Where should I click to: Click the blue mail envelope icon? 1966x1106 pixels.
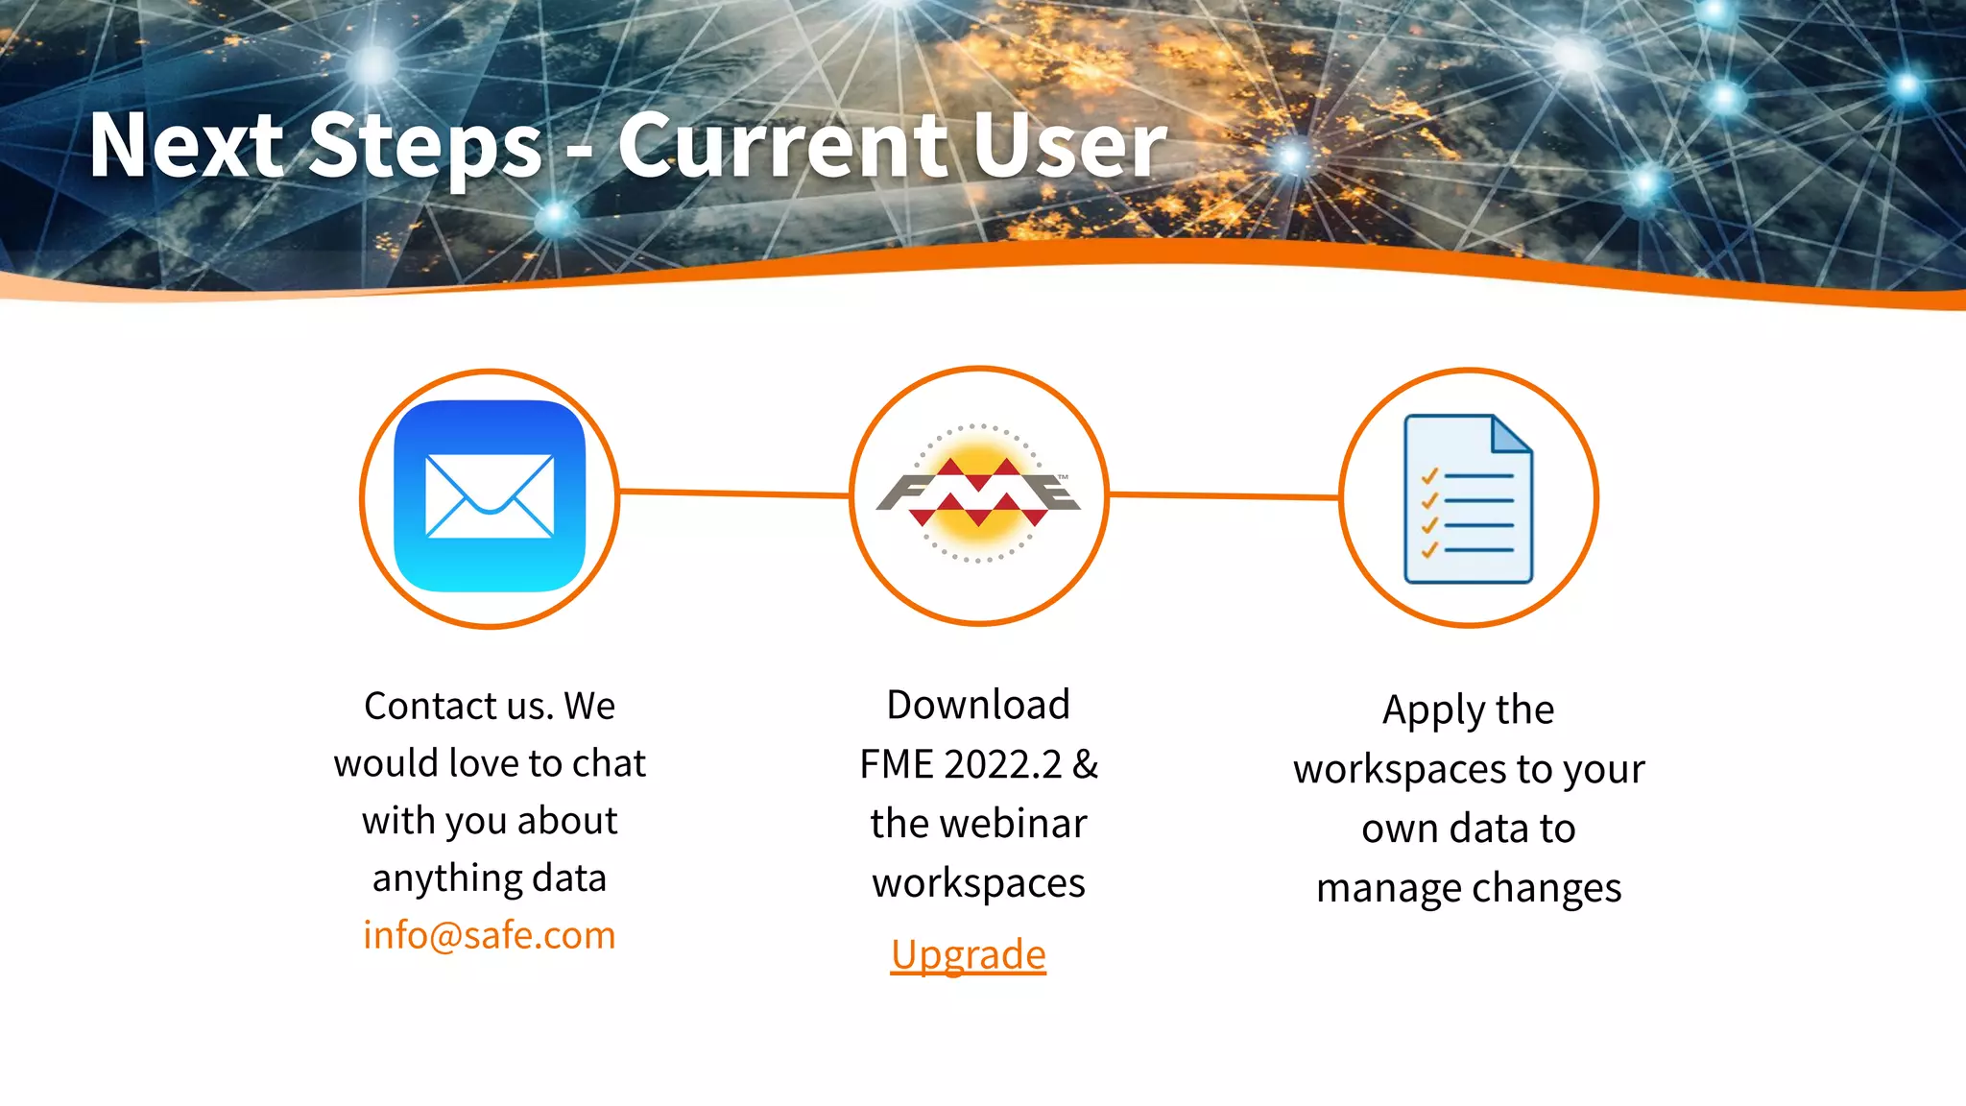click(x=490, y=495)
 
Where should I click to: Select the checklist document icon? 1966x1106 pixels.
click(x=1468, y=498)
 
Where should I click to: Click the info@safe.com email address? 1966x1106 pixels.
click(x=489, y=935)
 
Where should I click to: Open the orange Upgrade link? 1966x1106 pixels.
click(x=968, y=954)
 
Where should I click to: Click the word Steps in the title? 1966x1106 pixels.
click(x=426, y=146)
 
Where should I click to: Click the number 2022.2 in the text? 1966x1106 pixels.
click(x=1003, y=765)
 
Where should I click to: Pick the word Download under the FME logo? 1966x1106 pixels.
click(x=977, y=705)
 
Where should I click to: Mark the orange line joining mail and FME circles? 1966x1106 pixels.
click(x=734, y=493)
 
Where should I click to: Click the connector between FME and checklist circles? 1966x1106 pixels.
click(x=1224, y=496)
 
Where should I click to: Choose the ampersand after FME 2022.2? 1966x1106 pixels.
click(x=1086, y=765)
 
